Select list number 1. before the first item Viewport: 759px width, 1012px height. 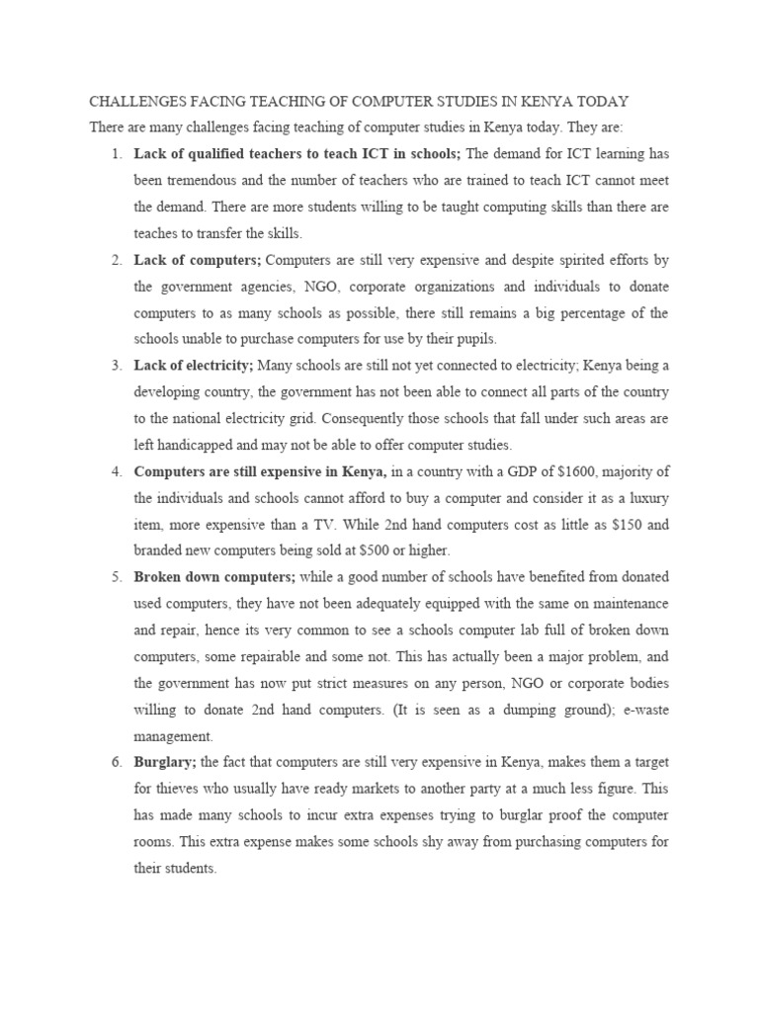tap(116, 154)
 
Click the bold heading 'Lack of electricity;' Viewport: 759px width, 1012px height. tap(194, 366)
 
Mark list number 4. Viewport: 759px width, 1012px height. tap(116, 471)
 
